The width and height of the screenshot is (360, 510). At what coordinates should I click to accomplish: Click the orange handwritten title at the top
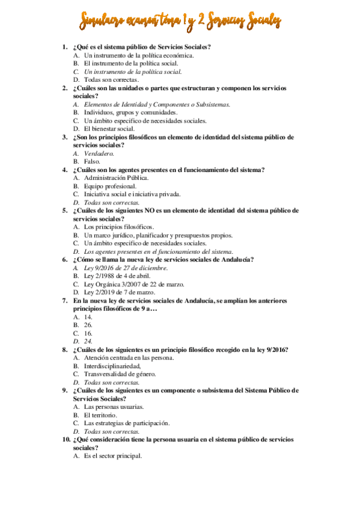(180, 22)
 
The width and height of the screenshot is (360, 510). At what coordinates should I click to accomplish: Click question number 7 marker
(65, 300)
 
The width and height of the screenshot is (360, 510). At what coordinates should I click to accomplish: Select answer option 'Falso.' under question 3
(93, 162)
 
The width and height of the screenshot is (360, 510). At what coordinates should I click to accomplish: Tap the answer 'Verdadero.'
(99, 153)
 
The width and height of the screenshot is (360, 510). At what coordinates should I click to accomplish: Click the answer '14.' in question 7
(88, 316)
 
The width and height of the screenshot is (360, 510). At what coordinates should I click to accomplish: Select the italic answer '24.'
(88, 340)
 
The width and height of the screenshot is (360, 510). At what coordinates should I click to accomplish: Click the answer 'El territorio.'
(100, 415)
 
